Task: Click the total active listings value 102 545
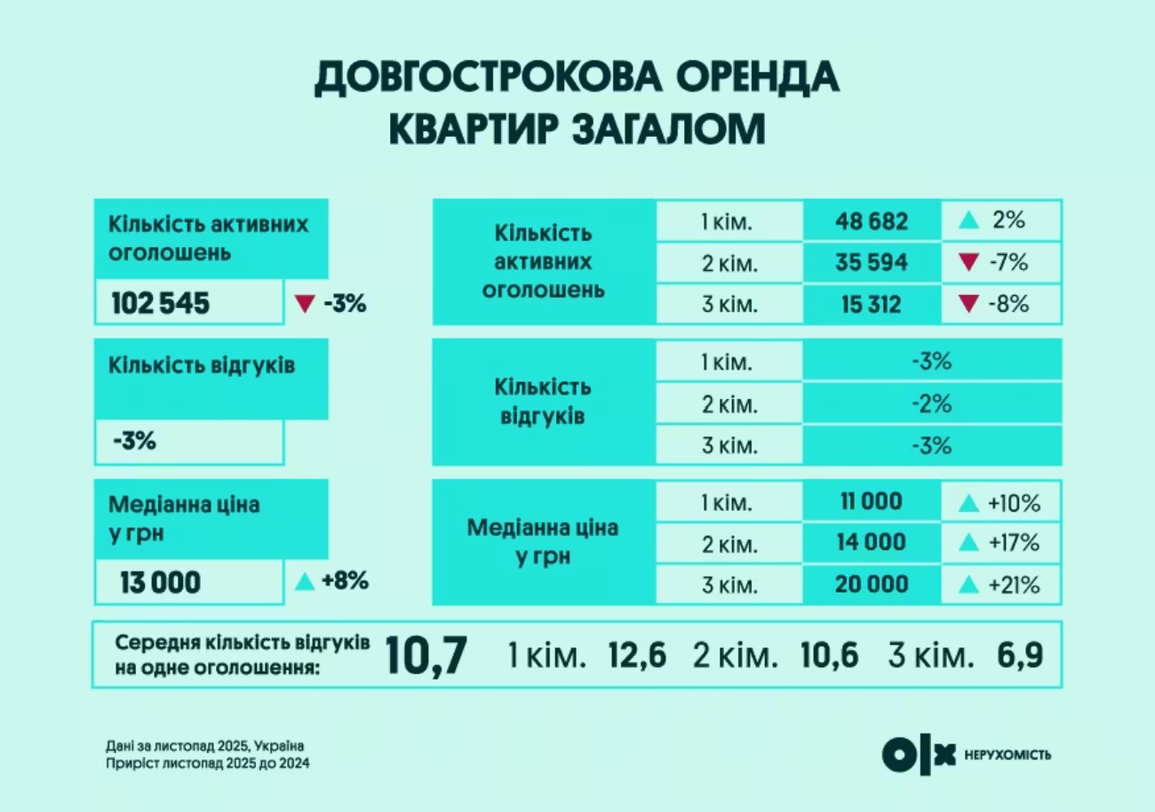point(161,305)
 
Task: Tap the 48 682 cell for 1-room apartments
point(871,221)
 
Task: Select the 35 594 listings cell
point(871,263)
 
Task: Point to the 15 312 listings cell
point(871,305)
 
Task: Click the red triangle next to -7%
point(969,263)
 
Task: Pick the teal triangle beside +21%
point(969,585)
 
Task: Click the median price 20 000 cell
point(871,584)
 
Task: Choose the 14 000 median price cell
point(871,543)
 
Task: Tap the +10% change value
point(1013,504)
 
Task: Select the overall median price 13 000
point(161,584)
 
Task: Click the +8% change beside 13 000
point(345,583)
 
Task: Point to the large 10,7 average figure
point(426,657)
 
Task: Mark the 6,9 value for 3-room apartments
point(1019,657)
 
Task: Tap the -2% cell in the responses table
point(931,403)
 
